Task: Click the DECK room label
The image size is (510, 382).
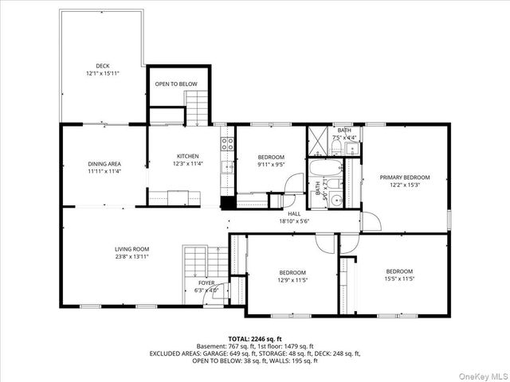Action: [x=103, y=66]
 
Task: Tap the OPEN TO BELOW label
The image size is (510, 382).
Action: [x=176, y=83]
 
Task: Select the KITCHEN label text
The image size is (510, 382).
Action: [x=187, y=156]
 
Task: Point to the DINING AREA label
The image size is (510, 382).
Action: [x=104, y=164]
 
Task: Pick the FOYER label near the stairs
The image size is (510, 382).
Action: [x=206, y=283]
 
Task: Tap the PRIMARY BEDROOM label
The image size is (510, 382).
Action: [x=405, y=177]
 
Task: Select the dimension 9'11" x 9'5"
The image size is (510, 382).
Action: [x=272, y=165]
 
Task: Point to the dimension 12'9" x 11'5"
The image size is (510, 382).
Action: [x=292, y=279]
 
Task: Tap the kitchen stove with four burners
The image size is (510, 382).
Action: [x=227, y=144]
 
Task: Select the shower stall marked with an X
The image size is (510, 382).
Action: [x=318, y=143]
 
